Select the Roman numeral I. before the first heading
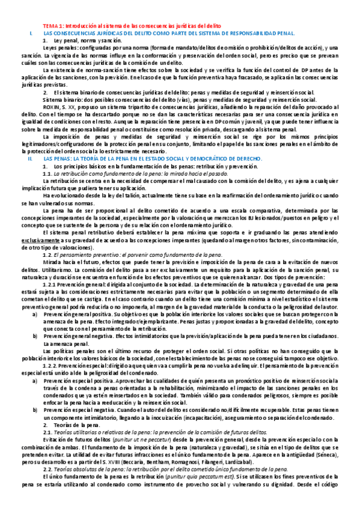(x=31, y=34)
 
